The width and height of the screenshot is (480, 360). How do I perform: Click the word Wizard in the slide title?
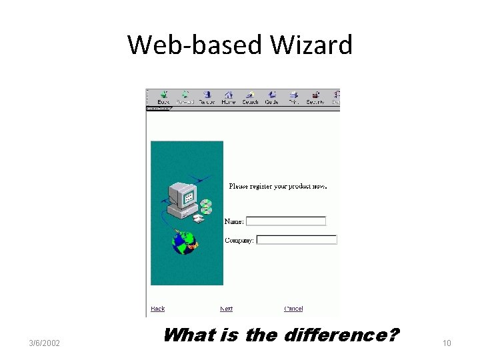(311, 45)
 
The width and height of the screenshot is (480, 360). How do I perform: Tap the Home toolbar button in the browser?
(229, 97)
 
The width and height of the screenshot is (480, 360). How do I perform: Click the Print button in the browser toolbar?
(293, 97)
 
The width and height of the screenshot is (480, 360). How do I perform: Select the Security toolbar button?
(315, 97)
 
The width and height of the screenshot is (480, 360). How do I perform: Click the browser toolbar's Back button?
(163, 97)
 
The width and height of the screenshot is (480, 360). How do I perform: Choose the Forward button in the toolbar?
(185, 97)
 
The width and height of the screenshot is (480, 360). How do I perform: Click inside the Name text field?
(286, 221)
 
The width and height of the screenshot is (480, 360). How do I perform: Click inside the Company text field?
(297, 240)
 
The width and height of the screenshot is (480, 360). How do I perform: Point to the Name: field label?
(234, 221)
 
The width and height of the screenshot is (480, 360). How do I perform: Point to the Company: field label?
(239, 240)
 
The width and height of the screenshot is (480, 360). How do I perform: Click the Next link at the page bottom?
(227, 309)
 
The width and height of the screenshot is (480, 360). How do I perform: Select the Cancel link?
(293, 309)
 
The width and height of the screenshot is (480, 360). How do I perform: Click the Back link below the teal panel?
(158, 309)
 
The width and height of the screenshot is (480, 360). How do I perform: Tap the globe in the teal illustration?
(183, 241)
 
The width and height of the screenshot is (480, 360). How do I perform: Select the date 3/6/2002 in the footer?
(45, 343)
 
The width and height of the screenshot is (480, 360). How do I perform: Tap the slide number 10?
(447, 343)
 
